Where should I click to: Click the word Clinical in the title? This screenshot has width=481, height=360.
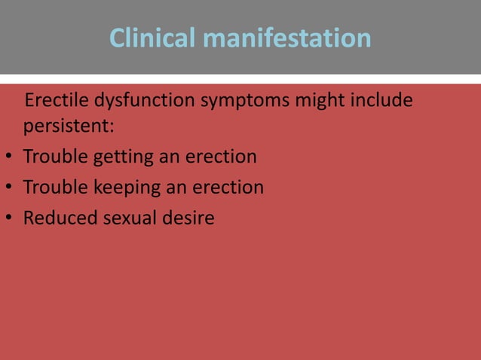point(152,38)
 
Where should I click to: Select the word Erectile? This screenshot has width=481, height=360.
point(55,101)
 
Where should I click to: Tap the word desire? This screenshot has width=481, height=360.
point(188,218)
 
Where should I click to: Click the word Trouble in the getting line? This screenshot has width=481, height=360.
point(54,157)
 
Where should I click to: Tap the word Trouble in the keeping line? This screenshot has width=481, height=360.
point(54,187)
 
